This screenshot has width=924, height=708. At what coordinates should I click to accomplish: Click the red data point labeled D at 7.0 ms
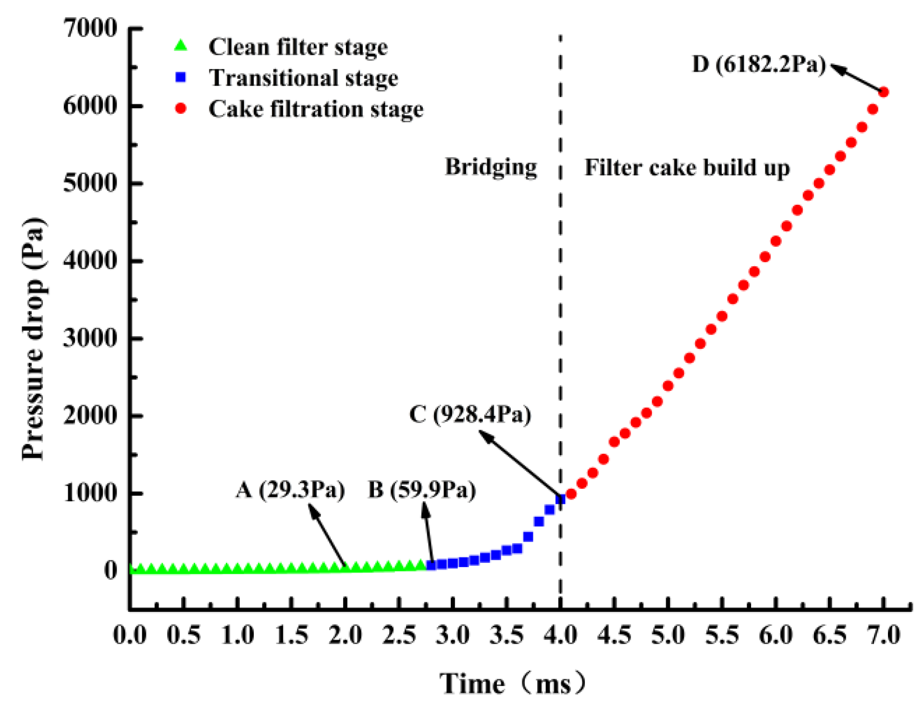tap(883, 92)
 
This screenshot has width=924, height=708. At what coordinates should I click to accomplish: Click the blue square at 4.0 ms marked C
tap(560, 499)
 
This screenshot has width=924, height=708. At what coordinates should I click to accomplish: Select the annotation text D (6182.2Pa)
tap(759, 64)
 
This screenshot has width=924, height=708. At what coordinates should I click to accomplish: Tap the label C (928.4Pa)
tap(470, 414)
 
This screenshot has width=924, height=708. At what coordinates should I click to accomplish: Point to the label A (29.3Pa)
tap(290, 490)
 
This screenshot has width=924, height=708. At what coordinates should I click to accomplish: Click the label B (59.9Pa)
tap(422, 490)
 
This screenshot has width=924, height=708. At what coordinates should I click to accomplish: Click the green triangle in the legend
tap(181, 46)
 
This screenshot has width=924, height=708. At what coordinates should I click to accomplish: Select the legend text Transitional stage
tap(303, 78)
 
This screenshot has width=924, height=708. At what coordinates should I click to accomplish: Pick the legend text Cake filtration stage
tap(316, 109)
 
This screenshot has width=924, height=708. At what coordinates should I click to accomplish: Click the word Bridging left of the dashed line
tap(491, 167)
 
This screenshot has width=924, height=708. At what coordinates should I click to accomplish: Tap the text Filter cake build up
tap(687, 168)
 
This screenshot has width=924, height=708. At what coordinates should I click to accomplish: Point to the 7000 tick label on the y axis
tap(90, 28)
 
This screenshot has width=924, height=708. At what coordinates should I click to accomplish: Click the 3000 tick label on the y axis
tap(90, 338)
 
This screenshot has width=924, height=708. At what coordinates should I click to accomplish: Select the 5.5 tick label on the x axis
tap(722, 635)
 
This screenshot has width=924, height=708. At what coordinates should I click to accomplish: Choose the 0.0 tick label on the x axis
tap(130, 635)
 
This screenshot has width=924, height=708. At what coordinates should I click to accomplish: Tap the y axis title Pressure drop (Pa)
tap(34, 338)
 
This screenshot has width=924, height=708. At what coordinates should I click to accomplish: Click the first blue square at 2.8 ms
tap(431, 565)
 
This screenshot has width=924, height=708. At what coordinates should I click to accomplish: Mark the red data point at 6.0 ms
tap(776, 241)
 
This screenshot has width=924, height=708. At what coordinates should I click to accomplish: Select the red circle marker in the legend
tap(181, 109)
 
